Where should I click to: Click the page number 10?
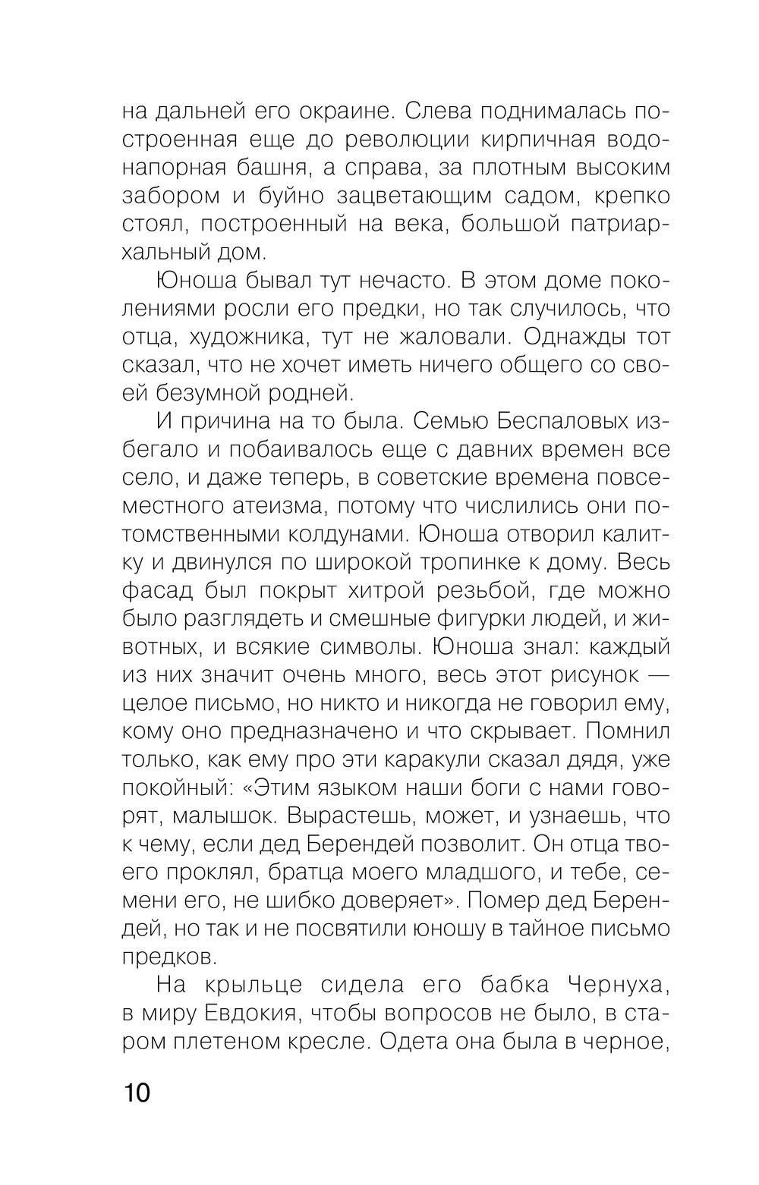(x=137, y=1093)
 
